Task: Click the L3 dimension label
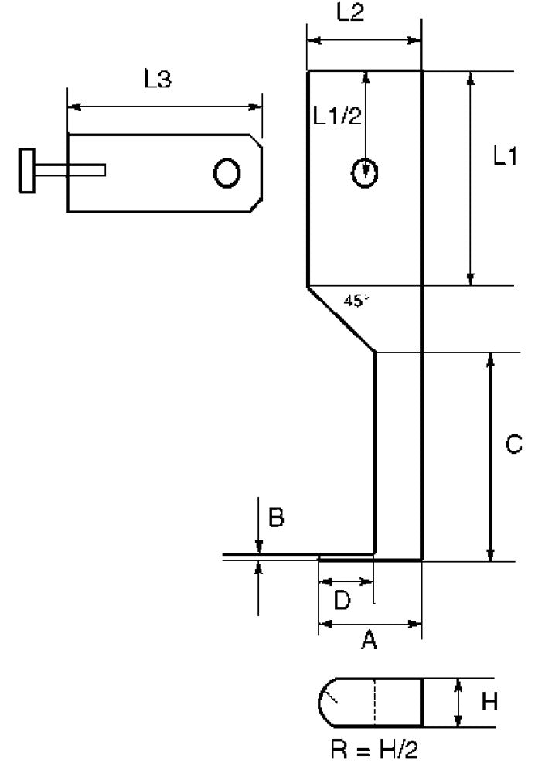click(x=158, y=79)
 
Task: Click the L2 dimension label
click(x=350, y=12)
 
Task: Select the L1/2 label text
click(x=338, y=117)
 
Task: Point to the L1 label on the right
click(x=505, y=156)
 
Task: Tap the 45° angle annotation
click(x=356, y=300)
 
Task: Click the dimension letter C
click(x=514, y=444)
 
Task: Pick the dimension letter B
click(x=276, y=518)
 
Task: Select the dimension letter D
click(x=342, y=600)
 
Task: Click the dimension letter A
click(x=369, y=640)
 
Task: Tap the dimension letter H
click(x=489, y=702)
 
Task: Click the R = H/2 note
click(x=374, y=750)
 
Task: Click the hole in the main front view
click(x=365, y=173)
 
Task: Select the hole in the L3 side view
click(x=227, y=173)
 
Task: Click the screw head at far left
click(x=26, y=170)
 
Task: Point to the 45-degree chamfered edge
click(x=341, y=319)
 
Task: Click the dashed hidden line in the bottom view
click(x=374, y=703)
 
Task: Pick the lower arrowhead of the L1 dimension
click(x=471, y=278)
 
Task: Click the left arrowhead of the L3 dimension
click(x=74, y=107)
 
